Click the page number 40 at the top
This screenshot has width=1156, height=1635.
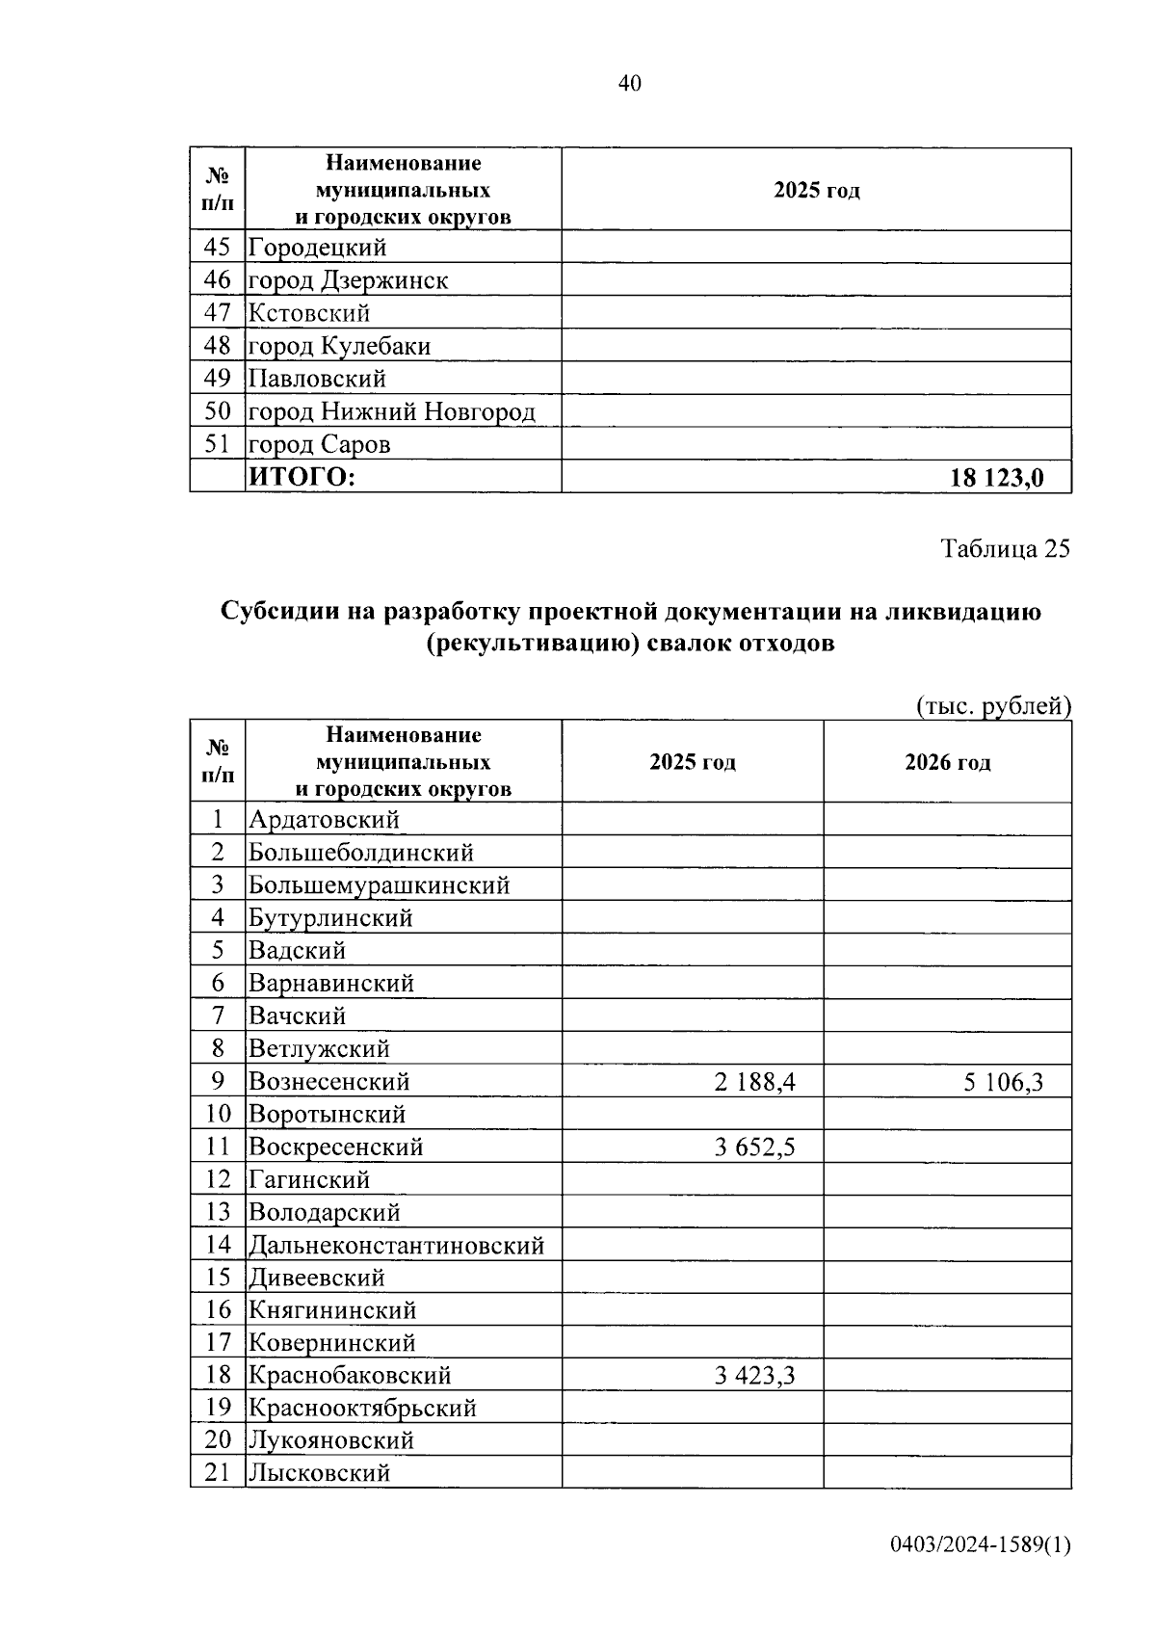[x=629, y=84]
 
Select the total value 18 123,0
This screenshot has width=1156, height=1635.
[x=996, y=477]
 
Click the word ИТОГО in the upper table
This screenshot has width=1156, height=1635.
[x=302, y=477]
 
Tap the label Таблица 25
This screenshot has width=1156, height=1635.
[x=1005, y=549]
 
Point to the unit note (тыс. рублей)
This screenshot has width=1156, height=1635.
[x=993, y=706]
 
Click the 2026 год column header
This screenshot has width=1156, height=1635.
[x=947, y=762]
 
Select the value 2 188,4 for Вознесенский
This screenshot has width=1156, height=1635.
[x=754, y=1082]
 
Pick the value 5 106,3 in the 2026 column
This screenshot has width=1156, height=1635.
[x=1003, y=1082]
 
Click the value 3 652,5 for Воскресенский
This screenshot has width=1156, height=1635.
[x=754, y=1147]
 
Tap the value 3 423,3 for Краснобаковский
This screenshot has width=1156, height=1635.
[x=754, y=1376]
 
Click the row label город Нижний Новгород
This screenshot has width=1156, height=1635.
[x=391, y=412]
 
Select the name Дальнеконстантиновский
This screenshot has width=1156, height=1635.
[x=397, y=1246]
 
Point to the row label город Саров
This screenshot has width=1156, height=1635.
[x=319, y=445]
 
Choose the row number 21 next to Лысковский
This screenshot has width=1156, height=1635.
[x=219, y=1472]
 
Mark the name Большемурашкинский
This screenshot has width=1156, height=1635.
[x=379, y=885]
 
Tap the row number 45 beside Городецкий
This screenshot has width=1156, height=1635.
[x=218, y=248]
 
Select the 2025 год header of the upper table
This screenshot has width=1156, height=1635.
[x=816, y=190]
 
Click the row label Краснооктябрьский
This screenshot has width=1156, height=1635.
[x=362, y=1409]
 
